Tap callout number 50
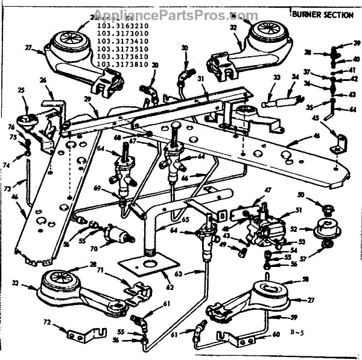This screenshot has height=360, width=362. (x=301, y=196)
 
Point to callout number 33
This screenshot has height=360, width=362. (x=277, y=77)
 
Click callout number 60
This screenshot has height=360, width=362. (x=278, y=334)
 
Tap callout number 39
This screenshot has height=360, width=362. (x=357, y=44)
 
